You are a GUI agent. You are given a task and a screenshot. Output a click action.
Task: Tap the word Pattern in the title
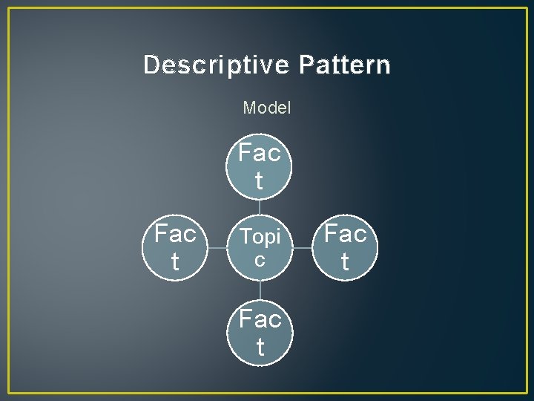coord(345,65)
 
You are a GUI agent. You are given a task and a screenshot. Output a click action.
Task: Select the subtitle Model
coord(267,108)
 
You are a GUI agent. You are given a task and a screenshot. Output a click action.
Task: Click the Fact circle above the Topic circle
coord(260,167)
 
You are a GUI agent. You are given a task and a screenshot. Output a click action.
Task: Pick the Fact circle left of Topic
coord(175,247)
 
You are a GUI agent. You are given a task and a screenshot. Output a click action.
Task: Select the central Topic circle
coord(260,247)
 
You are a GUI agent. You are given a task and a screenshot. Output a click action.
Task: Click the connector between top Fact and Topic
coord(260,207)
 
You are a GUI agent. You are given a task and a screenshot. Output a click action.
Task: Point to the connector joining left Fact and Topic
coord(217,248)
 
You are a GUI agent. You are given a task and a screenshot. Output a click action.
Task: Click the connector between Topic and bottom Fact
coord(260,290)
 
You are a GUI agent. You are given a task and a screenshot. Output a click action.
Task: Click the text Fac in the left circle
coord(175,235)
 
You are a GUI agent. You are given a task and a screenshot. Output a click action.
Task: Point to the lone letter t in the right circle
coord(344,261)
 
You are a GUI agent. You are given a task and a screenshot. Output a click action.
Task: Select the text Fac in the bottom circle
coord(260,320)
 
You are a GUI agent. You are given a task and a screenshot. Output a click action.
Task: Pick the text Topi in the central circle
coord(260,238)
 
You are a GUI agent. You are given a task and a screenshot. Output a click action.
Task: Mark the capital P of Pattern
coord(306,65)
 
